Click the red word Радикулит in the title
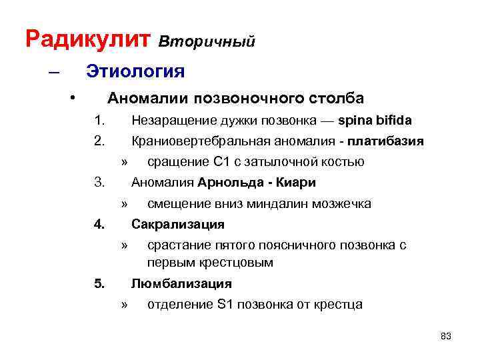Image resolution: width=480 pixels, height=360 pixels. pyautogui.click(x=89, y=39)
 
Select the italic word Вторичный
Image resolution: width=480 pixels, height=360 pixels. pyautogui.click(x=207, y=42)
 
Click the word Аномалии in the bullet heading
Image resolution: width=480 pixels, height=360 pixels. pyautogui.click(x=147, y=99)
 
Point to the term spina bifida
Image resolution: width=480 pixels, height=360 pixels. pyautogui.click(x=375, y=121)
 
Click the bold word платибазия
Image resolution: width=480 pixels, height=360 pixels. pyautogui.click(x=390, y=141)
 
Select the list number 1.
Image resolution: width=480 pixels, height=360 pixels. pyautogui.click(x=100, y=121)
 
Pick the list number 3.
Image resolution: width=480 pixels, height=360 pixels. pyautogui.click(x=100, y=182)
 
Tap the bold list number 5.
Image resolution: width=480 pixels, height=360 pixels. pyautogui.click(x=100, y=283)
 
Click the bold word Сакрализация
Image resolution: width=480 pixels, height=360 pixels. pyautogui.click(x=178, y=224)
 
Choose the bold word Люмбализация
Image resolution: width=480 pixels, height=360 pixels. pyautogui.click(x=181, y=283)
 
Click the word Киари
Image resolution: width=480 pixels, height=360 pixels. pyautogui.click(x=296, y=182)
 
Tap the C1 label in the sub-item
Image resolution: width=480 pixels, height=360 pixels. pyautogui.click(x=221, y=161)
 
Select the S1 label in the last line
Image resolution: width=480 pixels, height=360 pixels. pyautogui.click(x=225, y=305)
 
